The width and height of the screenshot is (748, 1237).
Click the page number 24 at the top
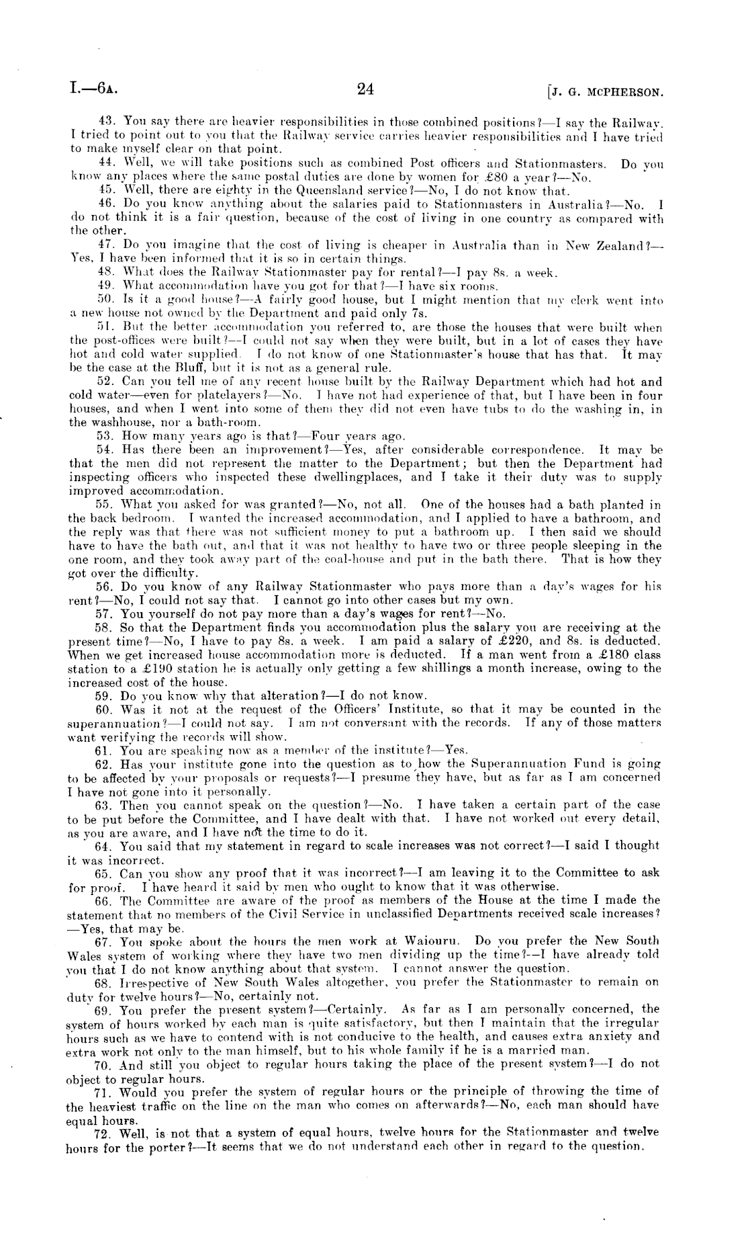click(x=366, y=89)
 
